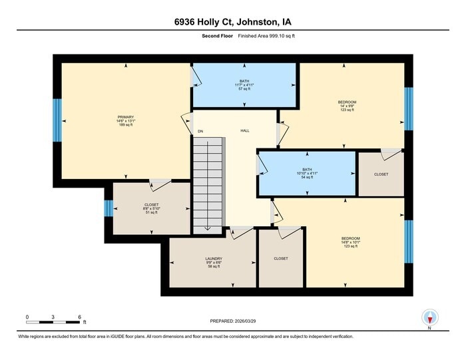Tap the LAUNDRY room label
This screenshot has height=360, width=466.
(214, 258)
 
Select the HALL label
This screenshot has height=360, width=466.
(245, 131)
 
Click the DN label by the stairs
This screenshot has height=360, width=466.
(200, 131)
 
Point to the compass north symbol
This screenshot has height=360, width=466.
(429, 318)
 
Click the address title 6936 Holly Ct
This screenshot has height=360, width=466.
(232, 21)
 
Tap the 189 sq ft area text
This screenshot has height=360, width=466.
(126, 124)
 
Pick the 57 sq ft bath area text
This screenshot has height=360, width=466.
(244, 89)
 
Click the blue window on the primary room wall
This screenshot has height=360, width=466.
(57, 120)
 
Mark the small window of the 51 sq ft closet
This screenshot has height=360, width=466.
(108, 209)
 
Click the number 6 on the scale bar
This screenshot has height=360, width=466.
(79, 316)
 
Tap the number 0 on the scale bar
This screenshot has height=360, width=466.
(27, 316)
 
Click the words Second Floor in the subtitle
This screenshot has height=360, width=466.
(217, 36)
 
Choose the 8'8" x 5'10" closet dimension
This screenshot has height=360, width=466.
(150, 209)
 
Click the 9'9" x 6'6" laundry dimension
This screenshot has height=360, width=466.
(214, 263)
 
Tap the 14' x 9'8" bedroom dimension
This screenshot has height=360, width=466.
(347, 106)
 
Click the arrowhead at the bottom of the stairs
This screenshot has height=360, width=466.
(207, 229)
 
